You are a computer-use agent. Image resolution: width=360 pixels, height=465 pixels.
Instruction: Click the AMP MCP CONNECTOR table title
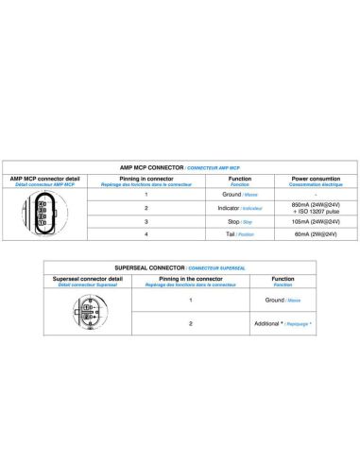pos(180,167)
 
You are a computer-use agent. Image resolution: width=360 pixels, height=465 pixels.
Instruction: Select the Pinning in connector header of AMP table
pos(146,180)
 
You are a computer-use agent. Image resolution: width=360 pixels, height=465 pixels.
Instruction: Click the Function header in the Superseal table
pos(283,281)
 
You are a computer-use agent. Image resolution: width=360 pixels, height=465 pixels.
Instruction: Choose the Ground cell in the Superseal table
pos(283,300)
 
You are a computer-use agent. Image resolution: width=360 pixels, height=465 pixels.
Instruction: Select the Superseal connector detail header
pos(88,281)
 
